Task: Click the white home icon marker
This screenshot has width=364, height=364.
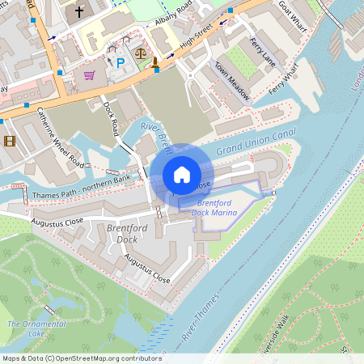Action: pos(182,174)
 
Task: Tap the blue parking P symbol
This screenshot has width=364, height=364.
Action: pos(121,62)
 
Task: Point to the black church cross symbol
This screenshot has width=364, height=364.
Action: pos(79,11)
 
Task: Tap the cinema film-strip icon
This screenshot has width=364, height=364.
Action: pos(9,141)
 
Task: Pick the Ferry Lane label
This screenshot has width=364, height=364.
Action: pos(264,53)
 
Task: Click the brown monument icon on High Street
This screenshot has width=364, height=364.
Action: pos(154,63)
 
